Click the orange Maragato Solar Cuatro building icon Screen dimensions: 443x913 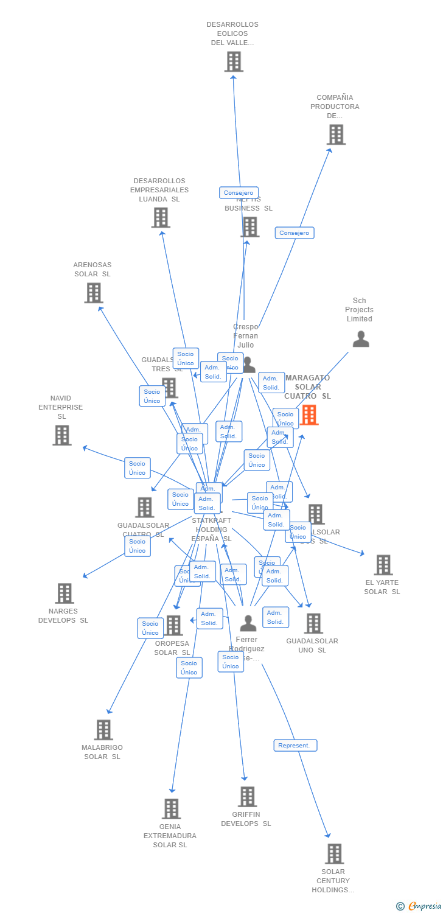click(x=309, y=415)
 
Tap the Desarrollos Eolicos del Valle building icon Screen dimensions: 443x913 click(x=234, y=61)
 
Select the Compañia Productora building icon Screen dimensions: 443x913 click(x=336, y=135)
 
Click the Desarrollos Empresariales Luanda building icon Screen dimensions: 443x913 click(x=161, y=217)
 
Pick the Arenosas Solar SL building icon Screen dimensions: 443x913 click(x=93, y=293)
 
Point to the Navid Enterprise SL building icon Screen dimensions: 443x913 click(x=61, y=435)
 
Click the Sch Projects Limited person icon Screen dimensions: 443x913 click(x=361, y=339)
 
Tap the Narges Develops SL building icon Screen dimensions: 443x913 click(x=64, y=593)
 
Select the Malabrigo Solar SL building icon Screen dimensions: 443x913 click(x=103, y=729)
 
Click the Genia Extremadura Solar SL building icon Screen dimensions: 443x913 click(x=171, y=808)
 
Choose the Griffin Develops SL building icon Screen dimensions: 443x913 click(x=247, y=796)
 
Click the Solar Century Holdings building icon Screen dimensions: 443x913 click(x=334, y=853)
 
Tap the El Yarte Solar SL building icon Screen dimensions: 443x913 click(x=383, y=565)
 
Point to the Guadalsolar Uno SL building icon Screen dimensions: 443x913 click(x=313, y=623)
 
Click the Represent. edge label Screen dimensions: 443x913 click(x=295, y=746)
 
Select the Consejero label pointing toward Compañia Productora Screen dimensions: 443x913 click(x=295, y=233)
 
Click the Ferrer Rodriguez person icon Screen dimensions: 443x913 click(x=248, y=623)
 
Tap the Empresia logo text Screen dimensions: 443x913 click(x=424, y=906)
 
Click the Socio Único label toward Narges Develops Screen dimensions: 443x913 click(x=138, y=546)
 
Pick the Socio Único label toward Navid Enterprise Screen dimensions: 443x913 click(x=138, y=468)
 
